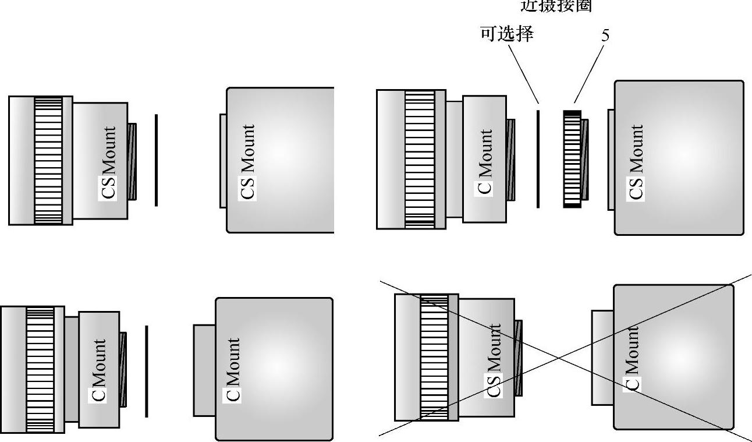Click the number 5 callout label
(x=605, y=36)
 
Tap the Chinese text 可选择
(x=506, y=34)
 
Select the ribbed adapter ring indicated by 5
(x=573, y=158)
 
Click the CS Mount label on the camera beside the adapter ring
(x=637, y=162)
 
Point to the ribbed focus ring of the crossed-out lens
(x=434, y=357)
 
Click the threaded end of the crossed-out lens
(x=518, y=358)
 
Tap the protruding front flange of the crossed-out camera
(x=602, y=357)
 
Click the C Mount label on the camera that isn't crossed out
(x=233, y=369)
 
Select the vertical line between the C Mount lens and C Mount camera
(x=147, y=371)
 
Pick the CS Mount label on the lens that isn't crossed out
(x=109, y=162)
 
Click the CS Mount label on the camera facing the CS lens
(x=248, y=161)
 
